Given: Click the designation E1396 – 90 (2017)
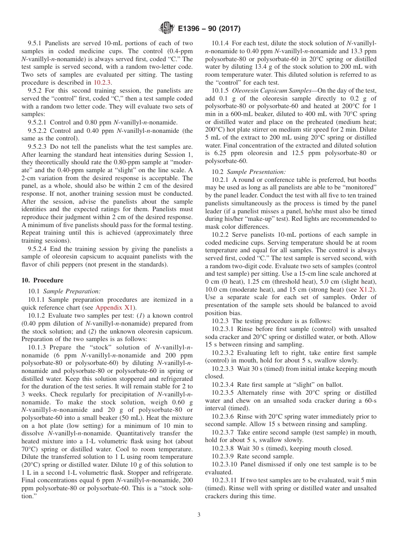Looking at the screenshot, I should [x=209, y=28].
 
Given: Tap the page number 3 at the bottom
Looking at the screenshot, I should [x=199, y=515].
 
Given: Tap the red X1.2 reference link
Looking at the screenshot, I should [x=367, y=289].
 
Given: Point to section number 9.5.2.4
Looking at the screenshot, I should [x=39, y=249].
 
